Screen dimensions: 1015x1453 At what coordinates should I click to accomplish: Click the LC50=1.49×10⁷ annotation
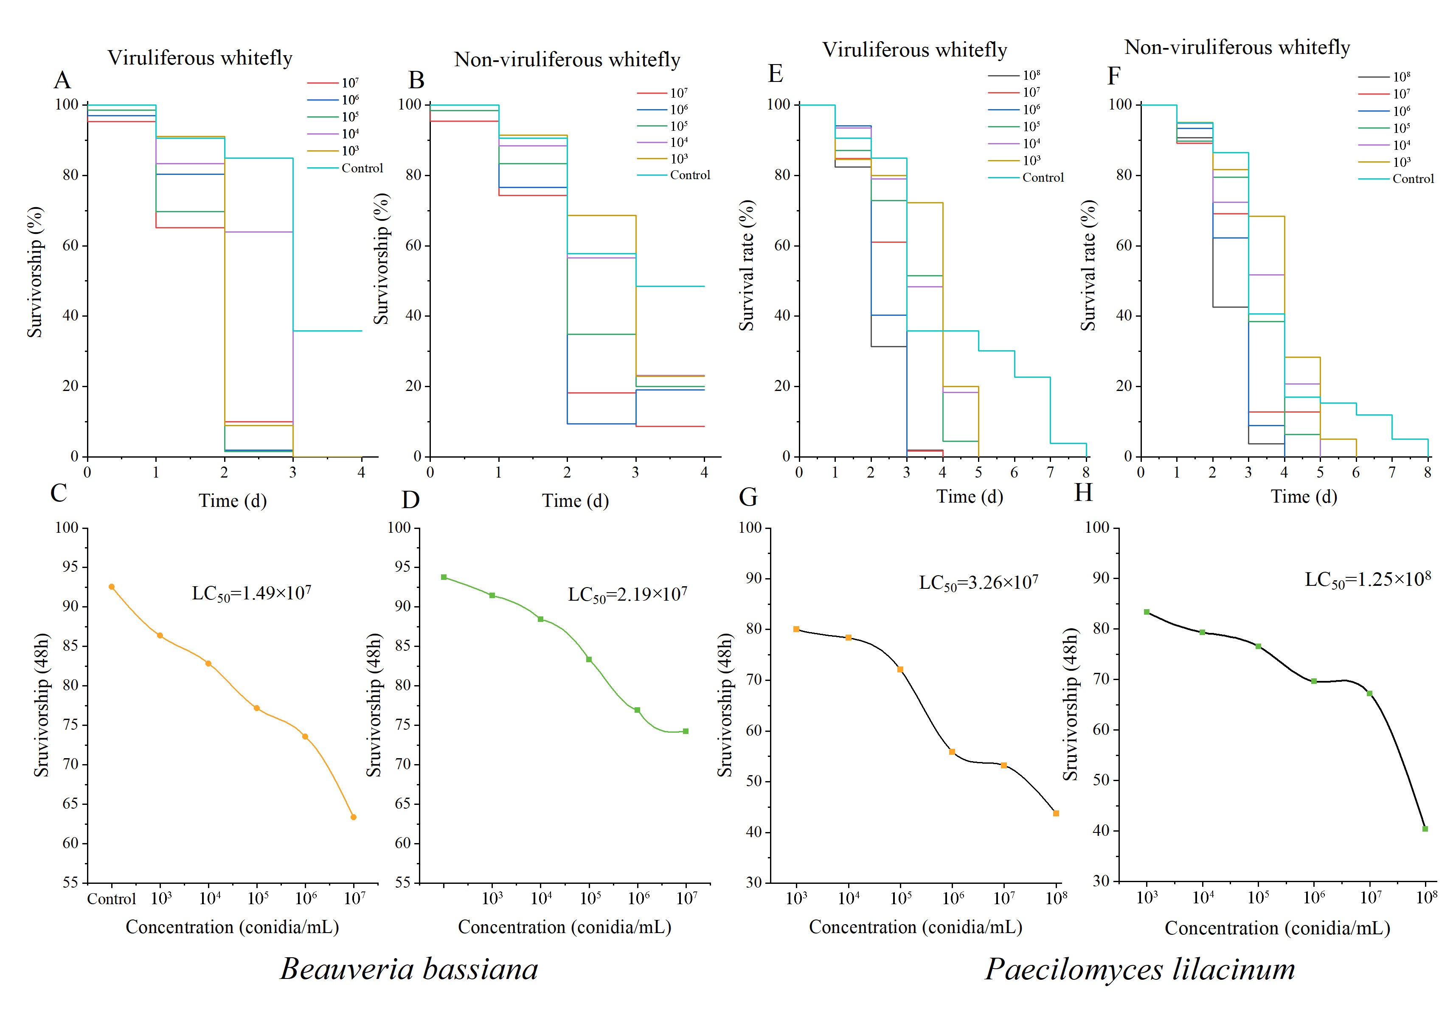tap(251, 593)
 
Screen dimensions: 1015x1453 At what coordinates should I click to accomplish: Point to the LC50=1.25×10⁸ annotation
tap(1368, 579)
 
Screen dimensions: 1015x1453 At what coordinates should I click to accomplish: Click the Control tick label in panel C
tap(111, 899)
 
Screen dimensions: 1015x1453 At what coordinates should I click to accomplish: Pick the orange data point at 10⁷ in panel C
tap(354, 817)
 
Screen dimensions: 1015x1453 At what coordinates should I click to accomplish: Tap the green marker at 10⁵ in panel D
tap(589, 659)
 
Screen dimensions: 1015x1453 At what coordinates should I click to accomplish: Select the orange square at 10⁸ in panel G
tap(1056, 813)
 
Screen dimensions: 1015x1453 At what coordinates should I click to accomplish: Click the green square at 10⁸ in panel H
tap(1425, 828)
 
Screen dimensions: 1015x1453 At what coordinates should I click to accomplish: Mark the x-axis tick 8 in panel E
tap(1086, 472)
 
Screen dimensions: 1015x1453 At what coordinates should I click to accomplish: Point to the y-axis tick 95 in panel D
tap(402, 567)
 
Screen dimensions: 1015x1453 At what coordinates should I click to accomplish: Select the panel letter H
tap(1083, 492)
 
